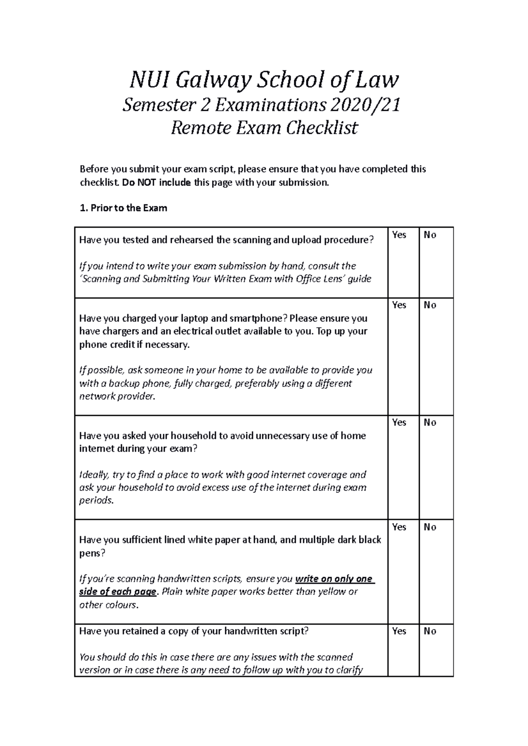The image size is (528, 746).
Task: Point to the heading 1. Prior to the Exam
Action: coord(123,208)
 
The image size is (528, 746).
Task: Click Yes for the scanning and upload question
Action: coord(399,235)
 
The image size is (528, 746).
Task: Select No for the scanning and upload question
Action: coord(429,235)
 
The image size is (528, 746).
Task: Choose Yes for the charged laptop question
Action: coord(399,305)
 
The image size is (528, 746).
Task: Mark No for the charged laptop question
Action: coord(429,305)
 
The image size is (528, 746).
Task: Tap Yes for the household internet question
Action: coord(399,422)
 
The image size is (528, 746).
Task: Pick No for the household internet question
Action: coord(429,422)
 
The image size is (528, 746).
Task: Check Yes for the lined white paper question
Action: coord(399,527)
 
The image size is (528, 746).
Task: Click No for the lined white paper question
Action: coord(429,527)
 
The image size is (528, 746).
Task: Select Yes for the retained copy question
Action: coord(399,631)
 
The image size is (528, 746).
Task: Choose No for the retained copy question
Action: coord(429,631)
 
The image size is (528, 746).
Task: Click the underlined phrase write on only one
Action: coord(334,579)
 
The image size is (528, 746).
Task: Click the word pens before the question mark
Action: coord(90,553)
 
